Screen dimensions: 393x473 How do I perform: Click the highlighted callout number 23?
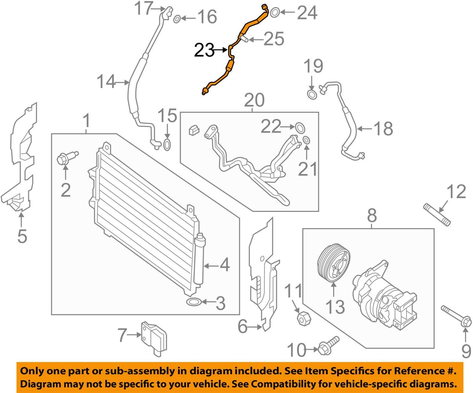tap(204, 50)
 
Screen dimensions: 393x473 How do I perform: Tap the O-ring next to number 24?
tap(275, 13)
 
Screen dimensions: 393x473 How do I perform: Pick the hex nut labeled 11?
tap(302, 318)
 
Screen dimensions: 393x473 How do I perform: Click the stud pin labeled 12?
tap(437, 215)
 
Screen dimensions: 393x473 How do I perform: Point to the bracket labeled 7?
tap(154, 338)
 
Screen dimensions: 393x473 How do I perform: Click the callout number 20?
tap(254, 100)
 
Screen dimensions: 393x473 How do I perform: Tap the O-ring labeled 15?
tap(167, 144)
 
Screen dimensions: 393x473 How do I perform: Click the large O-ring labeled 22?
tap(300, 127)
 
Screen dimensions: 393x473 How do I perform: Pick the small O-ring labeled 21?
tap(306, 140)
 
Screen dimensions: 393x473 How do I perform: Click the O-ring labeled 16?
tap(177, 19)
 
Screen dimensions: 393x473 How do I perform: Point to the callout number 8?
tap(371, 216)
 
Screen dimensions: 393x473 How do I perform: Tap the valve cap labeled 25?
tap(244, 39)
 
